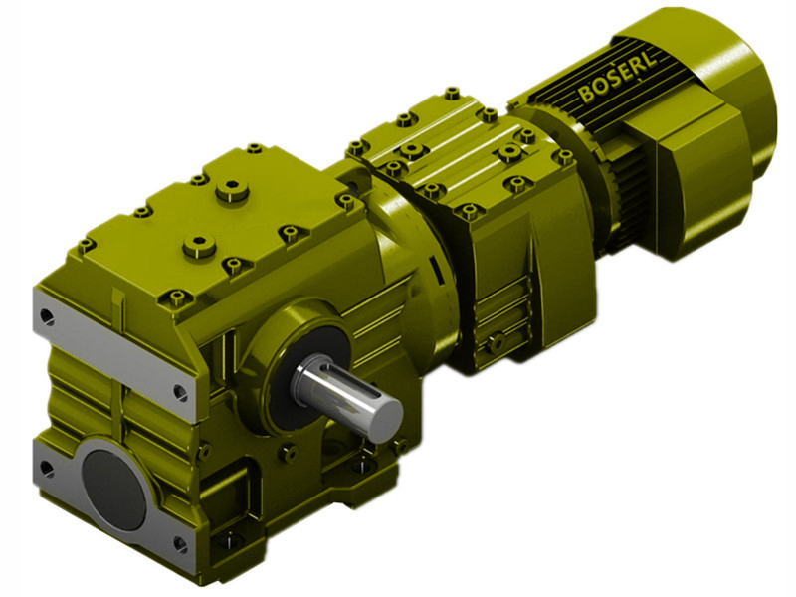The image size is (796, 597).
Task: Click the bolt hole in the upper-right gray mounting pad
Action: [180, 392]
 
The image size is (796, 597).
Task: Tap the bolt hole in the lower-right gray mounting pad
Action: [180, 543]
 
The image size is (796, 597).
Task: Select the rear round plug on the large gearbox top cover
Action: [235, 187]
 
